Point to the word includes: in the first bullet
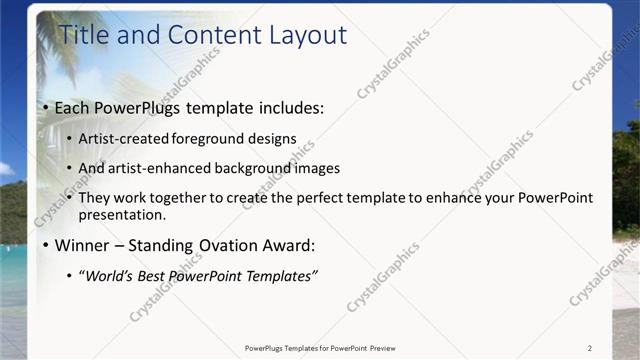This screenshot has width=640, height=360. point(287,107)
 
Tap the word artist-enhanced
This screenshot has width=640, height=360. point(161,168)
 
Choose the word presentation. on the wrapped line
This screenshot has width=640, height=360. point(122,215)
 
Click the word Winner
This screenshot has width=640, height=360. point(82,245)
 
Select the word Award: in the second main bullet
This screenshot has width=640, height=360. point(288,245)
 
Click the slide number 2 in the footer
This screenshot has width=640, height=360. point(589,348)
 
